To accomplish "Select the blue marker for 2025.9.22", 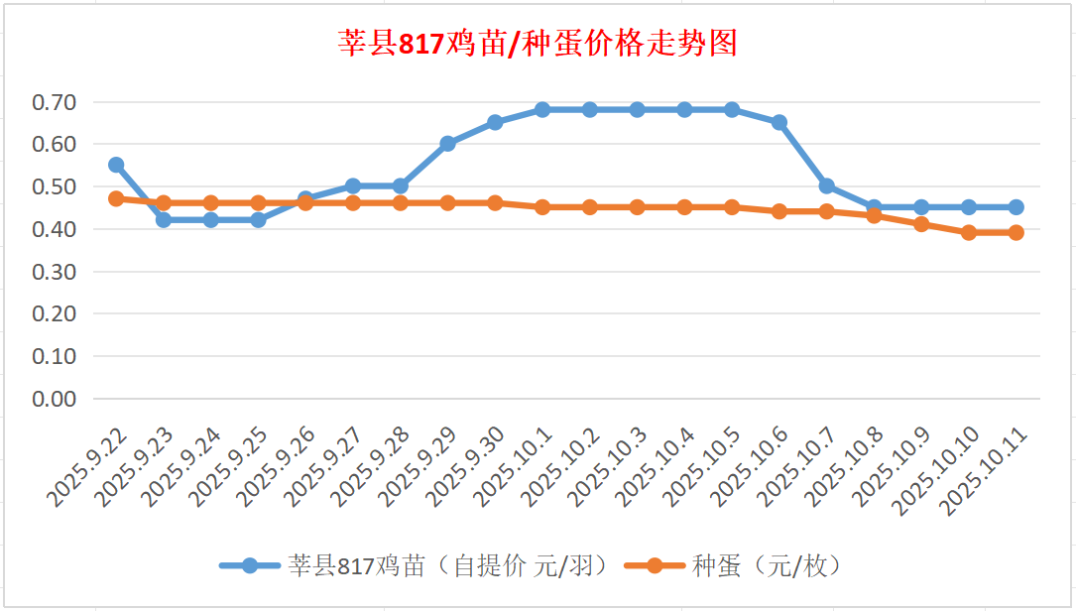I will tap(116, 165).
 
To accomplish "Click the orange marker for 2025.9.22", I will tap(116, 198).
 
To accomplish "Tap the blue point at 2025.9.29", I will tap(447, 144).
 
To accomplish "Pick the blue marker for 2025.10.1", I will tap(542, 110).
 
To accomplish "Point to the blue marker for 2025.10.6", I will tap(779, 123).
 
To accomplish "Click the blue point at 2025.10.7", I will tap(827, 186).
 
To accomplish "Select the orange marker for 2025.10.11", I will tap(1016, 233).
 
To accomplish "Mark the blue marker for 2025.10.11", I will tap(1016, 207).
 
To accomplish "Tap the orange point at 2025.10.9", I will tap(921, 224).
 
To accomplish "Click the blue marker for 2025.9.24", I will tap(211, 220).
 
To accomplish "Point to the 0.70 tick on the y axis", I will tap(55, 102).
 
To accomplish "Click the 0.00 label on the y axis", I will tap(55, 399).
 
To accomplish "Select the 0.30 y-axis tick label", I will tap(55, 272).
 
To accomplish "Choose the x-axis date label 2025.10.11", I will tap(984, 472).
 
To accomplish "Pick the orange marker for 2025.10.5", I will tap(732, 207).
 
